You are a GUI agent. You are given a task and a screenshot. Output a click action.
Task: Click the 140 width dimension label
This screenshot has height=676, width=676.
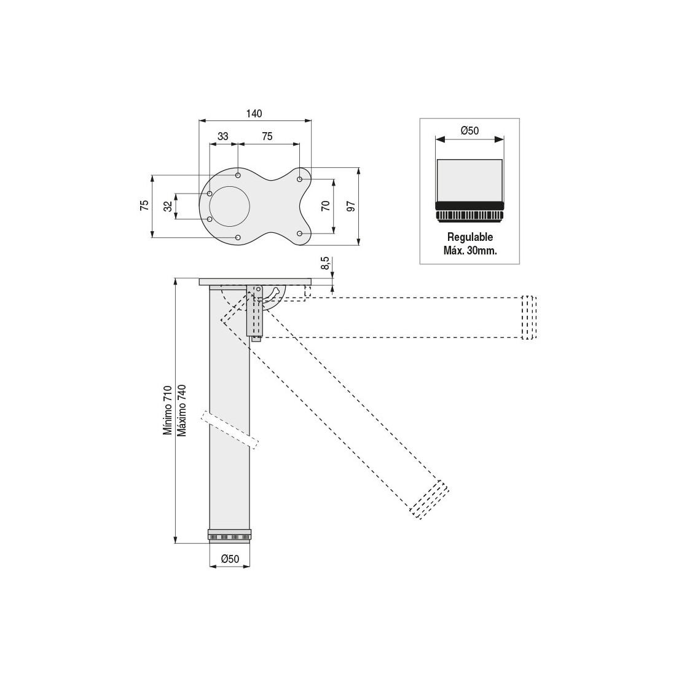(x=254, y=114)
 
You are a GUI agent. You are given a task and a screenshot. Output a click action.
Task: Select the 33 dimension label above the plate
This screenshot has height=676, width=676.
(x=223, y=136)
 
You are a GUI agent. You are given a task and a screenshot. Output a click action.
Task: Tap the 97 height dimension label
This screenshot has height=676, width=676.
(x=352, y=206)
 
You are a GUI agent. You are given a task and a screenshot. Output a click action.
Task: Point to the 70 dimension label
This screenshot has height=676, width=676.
(x=326, y=206)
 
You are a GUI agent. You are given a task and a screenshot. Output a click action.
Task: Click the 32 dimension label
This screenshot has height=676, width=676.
(x=168, y=206)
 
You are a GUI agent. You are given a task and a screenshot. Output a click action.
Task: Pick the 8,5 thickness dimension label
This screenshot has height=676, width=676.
(x=326, y=263)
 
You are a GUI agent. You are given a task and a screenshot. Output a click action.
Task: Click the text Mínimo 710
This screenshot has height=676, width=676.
(x=167, y=411)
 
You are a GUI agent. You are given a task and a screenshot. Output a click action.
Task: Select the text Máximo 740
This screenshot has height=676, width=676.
(x=182, y=411)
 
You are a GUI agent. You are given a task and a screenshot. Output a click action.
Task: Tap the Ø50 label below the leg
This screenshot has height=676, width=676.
(x=230, y=559)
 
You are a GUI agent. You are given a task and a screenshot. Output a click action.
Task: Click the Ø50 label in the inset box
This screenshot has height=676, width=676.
(x=470, y=130)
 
